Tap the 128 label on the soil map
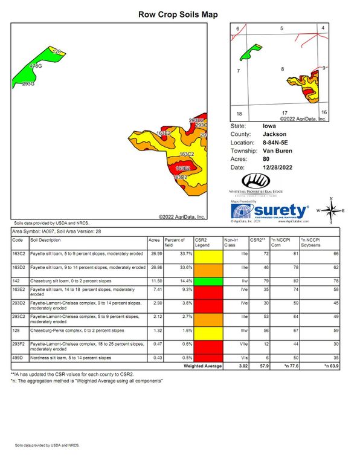[x=57, y=52]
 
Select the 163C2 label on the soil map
[x=187, y=155]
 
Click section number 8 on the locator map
[x=282, y=70]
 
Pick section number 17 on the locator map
[x=284, y=113]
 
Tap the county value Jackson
[x=274, y=134]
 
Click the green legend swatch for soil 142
[x=208, y=282]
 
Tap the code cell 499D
[x=18, y=357]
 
